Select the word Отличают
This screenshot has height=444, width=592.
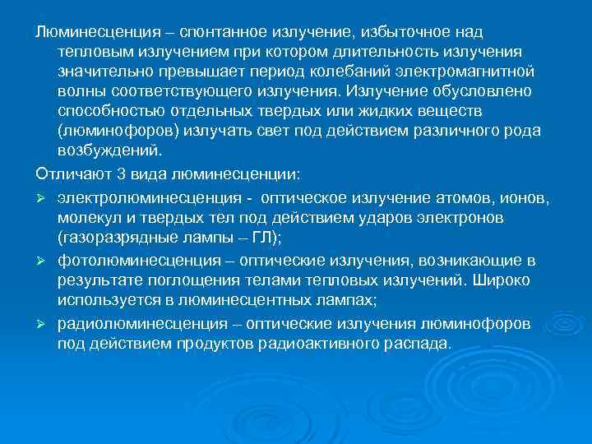pyautogui.click(x=70, y=174)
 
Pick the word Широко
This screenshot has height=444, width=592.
pyautogui.click(x=508, y=280)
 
